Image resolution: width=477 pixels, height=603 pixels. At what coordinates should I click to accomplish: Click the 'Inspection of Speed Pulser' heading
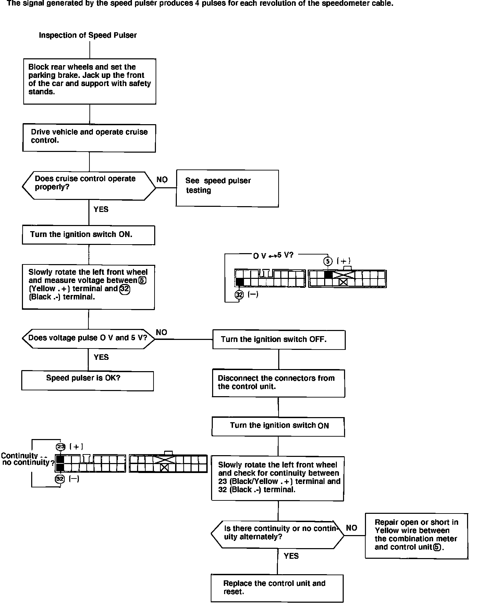pyautogui.click(x=88, y=35)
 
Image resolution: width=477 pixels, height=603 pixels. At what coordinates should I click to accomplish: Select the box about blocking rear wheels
pyautogui.click(x=89, y=81)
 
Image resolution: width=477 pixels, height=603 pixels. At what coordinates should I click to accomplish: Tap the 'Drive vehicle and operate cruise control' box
pyautogui.click(x=89, y=138)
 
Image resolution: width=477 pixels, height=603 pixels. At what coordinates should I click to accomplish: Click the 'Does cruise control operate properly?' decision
pyautogui.click(x=88, y=186)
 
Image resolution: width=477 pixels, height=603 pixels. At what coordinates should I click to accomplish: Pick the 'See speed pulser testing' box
pyautogui.click(x=227, y=188)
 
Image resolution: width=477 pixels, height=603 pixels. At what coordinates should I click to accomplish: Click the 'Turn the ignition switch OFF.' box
pyautogui.click(x=279, y=340)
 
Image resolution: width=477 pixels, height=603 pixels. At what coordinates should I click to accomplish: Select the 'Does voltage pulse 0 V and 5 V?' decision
pyautogui.click(x=88, y=338)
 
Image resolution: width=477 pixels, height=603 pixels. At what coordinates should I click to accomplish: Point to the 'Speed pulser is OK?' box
pyautogui.click(x=87, y=380)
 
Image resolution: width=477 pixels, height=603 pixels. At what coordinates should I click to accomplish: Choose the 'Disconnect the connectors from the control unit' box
pyautogui.click(x=278, y=383)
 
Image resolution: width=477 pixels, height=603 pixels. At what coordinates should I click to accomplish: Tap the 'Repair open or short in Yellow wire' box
pyautogui.click(x=416, y=535)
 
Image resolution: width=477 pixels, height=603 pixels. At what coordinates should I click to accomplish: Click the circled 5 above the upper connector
pyautogui.click(x=328, y=261)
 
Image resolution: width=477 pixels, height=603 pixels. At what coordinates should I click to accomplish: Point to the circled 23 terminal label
pyautogui.click(x=61, y=447)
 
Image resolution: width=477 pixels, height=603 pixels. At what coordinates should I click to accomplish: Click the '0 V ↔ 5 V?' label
pyautogui.click(x=273, y=256)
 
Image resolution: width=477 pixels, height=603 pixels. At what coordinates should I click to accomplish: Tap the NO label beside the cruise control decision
pyautogui.click(x=162, y=180)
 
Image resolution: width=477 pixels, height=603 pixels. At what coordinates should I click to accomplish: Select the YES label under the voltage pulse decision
pyautogui.click(x=101, y=357)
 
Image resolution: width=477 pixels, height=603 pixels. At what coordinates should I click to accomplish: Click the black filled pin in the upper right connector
pyautogui.click(x=328, y=275)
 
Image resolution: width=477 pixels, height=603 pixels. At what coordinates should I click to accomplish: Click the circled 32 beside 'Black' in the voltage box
pyautogui.click(x=125, y=289)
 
